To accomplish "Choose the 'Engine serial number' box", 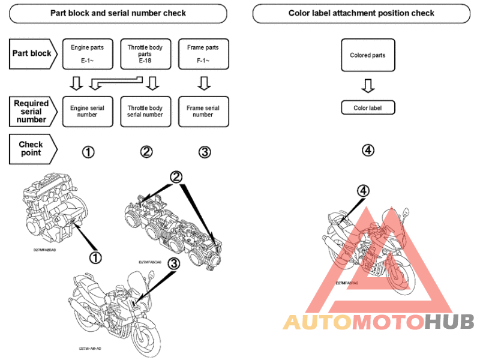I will click(87, 112).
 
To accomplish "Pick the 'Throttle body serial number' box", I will click(145, 112).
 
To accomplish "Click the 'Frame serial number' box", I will click(203, 112).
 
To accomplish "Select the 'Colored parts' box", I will click(368, 56).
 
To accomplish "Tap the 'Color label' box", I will click(368, 108).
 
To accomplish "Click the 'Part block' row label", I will click(33, 53).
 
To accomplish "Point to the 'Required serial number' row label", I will click(32, 112).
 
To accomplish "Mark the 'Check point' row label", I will click(32, 148).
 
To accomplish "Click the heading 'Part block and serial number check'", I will click(118, 13).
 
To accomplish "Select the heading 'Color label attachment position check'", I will click(361, 13).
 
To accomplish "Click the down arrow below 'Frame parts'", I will click(203, 82).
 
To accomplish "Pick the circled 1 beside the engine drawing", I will click(95, 257).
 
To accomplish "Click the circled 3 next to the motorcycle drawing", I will click(174, 263).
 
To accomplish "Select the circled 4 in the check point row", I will click(368, 150).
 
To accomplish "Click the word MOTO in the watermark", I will click(388, 322).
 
